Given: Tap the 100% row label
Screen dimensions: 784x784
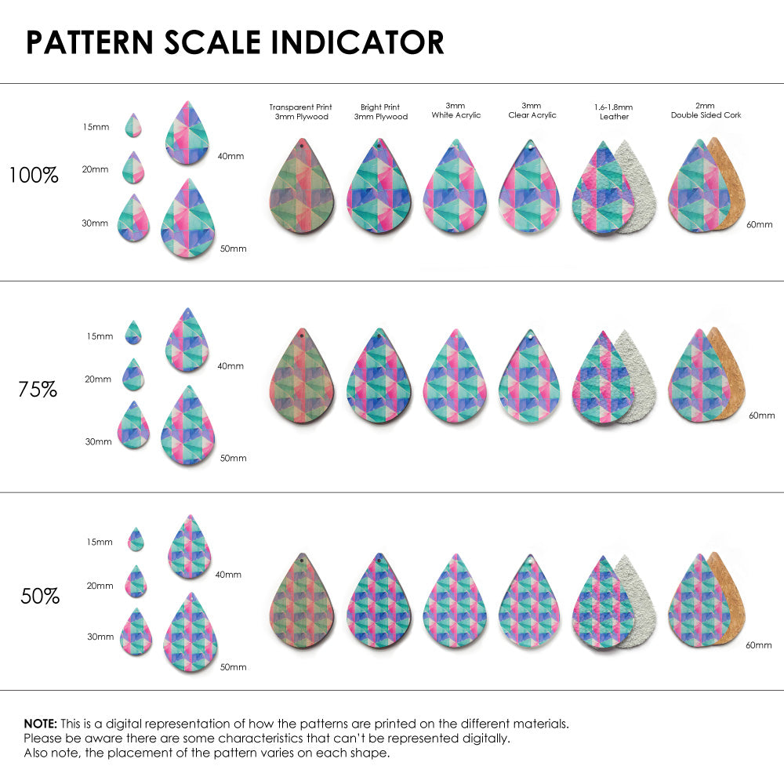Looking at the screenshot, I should tap(34, 176).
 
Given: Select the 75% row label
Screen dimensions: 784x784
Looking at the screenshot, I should tap(38, 389).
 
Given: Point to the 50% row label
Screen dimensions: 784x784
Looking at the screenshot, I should tap(40, 597).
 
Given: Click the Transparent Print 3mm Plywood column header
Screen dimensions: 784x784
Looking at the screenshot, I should tap(300, 111).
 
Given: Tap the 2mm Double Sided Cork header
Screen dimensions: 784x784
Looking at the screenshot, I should tap(706, 111).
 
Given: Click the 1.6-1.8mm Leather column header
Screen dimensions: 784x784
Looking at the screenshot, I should tap(614, 111).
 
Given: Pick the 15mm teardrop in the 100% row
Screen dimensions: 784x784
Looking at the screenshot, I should tap(133, 125).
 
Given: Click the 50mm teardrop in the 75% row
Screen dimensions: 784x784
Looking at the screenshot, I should tap(188, 427).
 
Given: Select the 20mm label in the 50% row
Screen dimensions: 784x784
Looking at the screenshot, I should tap(100, 586).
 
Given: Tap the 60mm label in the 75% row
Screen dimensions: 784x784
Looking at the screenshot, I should tap(761, 415).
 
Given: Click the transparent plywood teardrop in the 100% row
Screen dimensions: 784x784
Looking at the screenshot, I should tap(302, 188).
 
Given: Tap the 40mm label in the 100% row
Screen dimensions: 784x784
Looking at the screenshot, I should tap(230, 156).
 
